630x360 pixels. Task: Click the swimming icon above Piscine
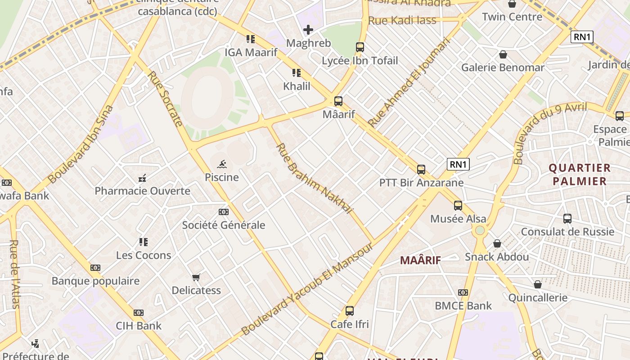click(222, 164)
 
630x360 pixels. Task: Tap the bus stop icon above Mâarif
click(338, 101)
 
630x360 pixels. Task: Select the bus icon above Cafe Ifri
click(350, 310)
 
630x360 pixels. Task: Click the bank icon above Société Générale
click(224, 212)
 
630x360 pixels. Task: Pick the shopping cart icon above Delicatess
click(196, 277)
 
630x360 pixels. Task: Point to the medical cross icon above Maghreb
click(308, 30)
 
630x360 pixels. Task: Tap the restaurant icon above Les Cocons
click(144, 242)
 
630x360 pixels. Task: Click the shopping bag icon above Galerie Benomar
click(503, 54)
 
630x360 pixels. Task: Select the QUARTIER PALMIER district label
click(580, 175)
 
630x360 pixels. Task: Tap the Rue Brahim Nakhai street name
click(314, 178)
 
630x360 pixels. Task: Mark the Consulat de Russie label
click(567, 232)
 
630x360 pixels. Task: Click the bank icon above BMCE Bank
click(463, 292)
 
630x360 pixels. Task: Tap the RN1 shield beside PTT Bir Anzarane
click(458, 164)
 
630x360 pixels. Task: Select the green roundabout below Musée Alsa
click(480, 230)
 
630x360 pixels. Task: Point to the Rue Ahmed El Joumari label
click(409, 82)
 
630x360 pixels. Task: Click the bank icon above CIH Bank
click(139, 313)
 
